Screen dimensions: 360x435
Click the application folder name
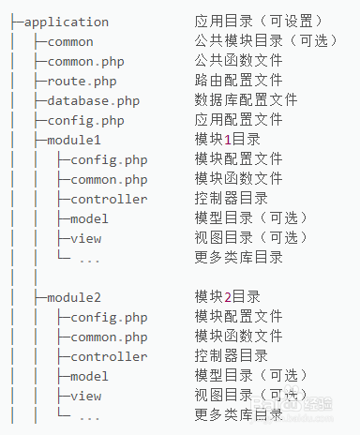coord(66,22)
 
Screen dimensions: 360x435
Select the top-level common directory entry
coord(70,41)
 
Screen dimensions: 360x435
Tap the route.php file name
coord(82,81)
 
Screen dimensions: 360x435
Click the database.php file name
coord(94,100)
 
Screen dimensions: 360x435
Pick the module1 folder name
coord(74,140)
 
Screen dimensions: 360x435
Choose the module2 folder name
coord(74,297)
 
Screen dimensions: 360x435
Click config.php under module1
coord(109,159)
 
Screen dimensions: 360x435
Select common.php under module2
coord(109,337)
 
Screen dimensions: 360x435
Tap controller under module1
coord(109,199)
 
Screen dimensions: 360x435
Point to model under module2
coord(90,376)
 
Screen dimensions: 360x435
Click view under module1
coord(85,238)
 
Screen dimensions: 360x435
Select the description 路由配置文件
coord(238,81)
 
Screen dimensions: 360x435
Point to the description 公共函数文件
coord(238,61)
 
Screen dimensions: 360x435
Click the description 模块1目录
coord(229,140)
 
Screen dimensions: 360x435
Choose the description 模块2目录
coord(229,297)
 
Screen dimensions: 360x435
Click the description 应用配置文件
coord(238,120)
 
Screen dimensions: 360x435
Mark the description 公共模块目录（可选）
coord(266,41)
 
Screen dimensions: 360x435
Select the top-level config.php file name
coord(85,120)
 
